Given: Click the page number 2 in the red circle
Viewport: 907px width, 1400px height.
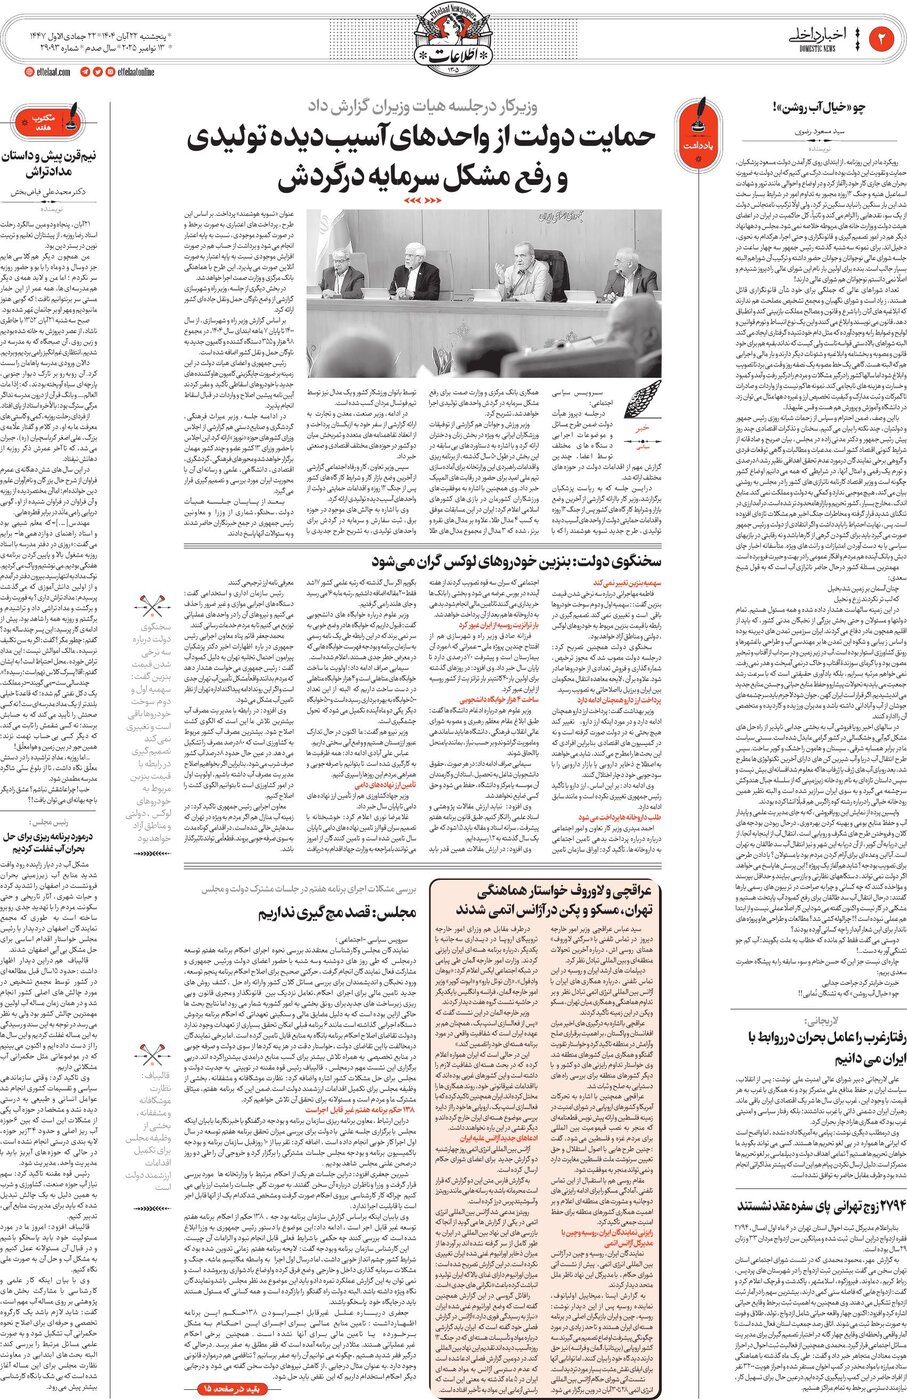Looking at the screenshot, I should [883, 38].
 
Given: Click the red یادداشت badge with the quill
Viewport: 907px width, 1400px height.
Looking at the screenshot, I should [697, 126].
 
